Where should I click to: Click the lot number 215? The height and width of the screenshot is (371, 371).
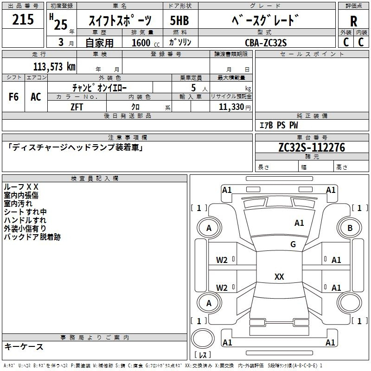coord(23,19)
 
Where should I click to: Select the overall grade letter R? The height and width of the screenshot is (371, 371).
coord(353,21)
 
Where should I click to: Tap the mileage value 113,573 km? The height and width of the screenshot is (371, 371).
coord(54,67)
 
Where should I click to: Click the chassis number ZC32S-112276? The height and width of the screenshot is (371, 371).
coord(312,147)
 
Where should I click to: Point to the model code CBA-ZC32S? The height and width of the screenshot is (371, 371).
coord(266,43)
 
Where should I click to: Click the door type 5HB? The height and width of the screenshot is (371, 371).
coord(179,20)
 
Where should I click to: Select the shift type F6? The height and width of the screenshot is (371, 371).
coord(13,97)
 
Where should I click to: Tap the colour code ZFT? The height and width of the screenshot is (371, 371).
coord(77,107)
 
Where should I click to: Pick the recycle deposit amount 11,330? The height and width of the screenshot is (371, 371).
coord(231,107)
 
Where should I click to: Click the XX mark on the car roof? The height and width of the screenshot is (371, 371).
coord(279,276)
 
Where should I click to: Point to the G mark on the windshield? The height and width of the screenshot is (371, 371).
coord(293,244)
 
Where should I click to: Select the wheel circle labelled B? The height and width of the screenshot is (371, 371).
coord(350,228)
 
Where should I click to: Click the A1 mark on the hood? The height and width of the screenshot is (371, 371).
coord(299,223)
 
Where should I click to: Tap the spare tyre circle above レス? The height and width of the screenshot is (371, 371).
coord(203,338)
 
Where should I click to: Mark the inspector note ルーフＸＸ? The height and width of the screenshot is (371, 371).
coord(21,187)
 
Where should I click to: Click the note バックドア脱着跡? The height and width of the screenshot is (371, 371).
coord(32,237)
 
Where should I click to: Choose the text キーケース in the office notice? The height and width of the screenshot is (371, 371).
coord(24,347)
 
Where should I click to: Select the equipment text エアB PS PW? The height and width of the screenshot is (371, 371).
coord(279,125)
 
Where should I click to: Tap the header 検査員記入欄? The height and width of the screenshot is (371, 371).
coord(95,179)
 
